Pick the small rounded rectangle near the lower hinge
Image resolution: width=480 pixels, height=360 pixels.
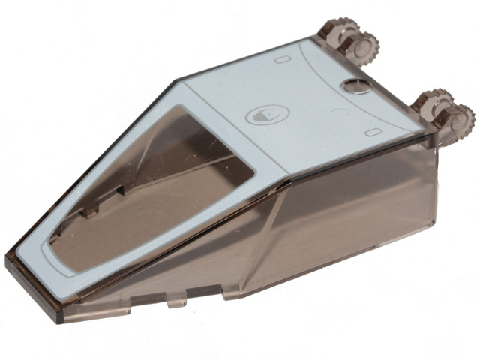tap(371, 133)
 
